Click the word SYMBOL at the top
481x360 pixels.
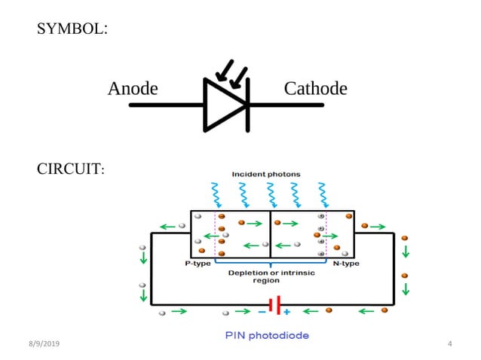[72, 29]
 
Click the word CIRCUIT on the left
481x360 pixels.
[70, 169]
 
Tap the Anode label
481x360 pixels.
[133, 89]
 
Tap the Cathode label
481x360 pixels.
[315, 89]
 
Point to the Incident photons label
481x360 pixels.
[269, 174]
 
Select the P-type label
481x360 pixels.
[198, 264]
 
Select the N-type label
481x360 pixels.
[346, 264]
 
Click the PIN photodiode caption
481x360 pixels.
[268, 335]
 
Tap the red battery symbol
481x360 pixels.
[274, 305]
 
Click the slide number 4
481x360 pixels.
[449, 344]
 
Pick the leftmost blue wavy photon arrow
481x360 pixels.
[216, 195]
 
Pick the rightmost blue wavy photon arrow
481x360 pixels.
[324, 195]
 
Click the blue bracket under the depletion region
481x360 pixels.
[271, 263]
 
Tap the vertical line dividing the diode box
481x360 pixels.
[270, 234]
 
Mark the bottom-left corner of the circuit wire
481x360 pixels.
[152, 304]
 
